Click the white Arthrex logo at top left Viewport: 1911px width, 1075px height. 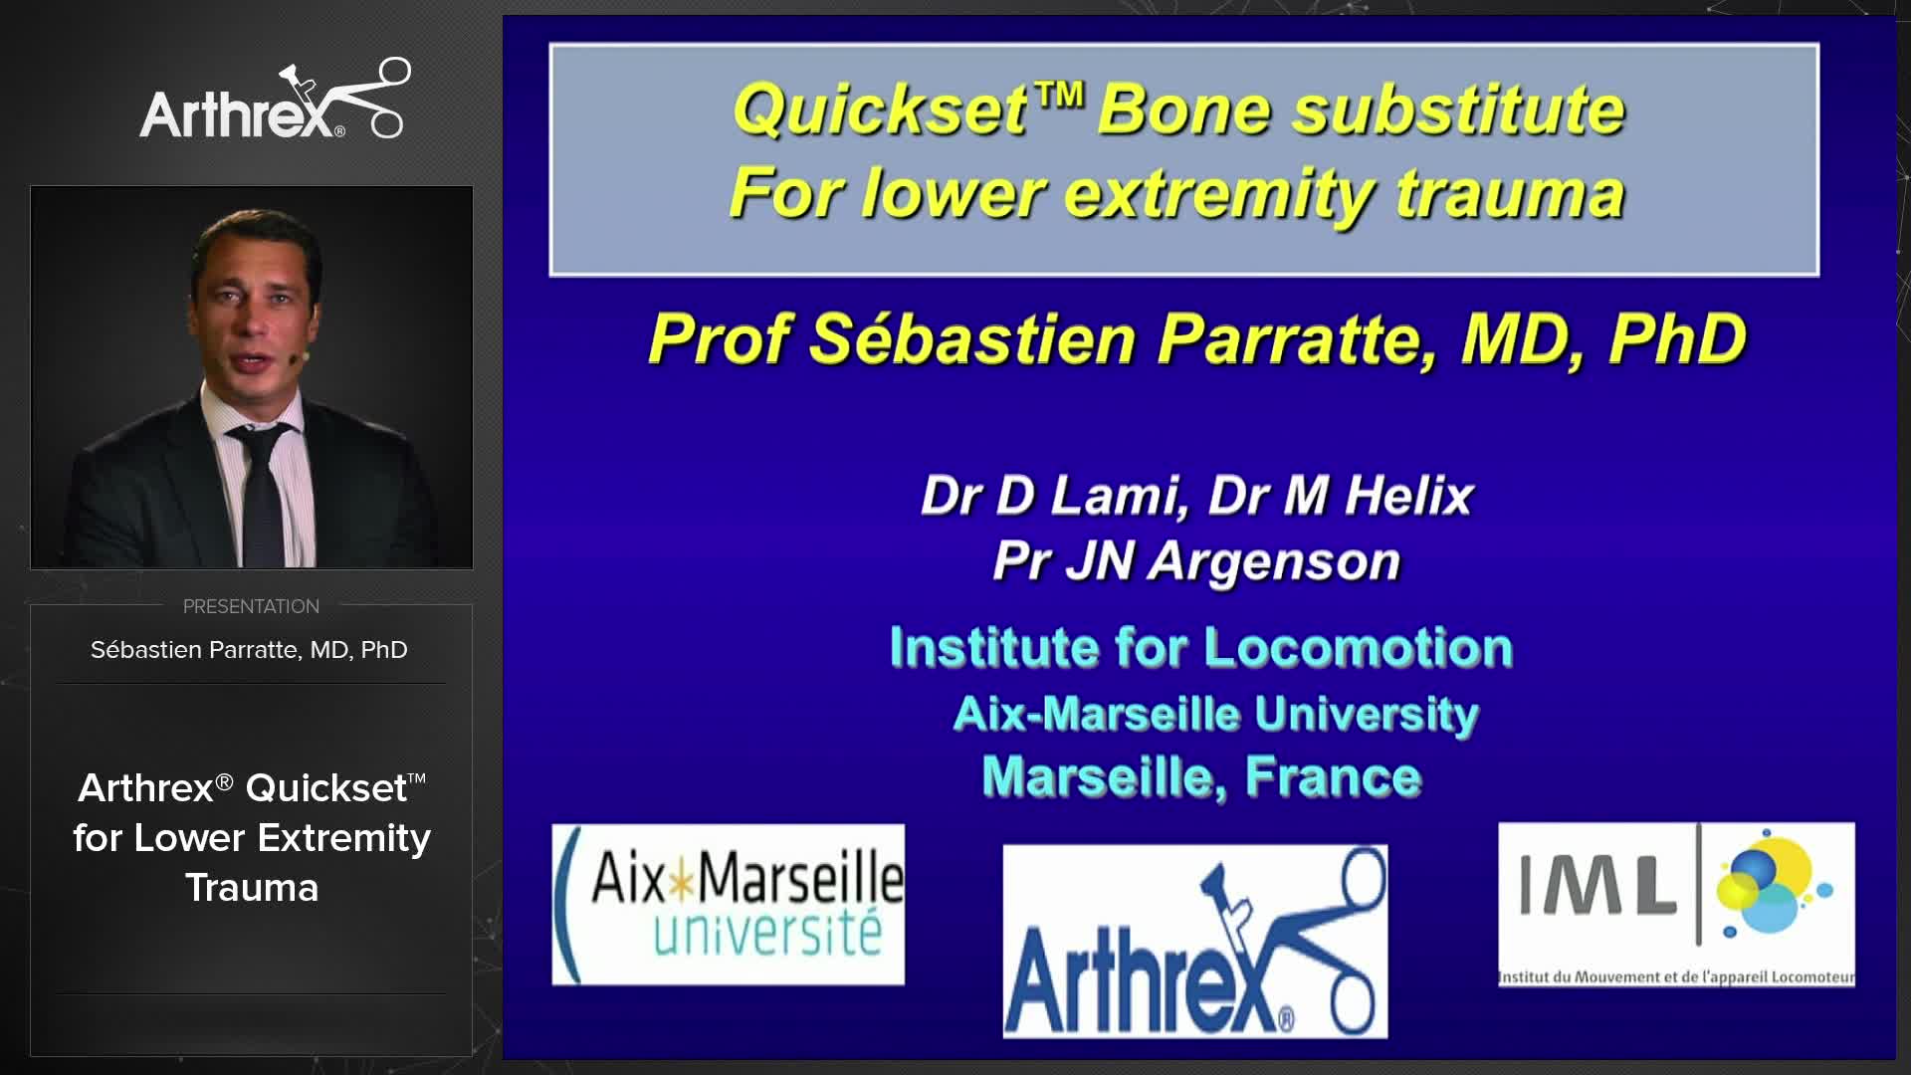[274, 103]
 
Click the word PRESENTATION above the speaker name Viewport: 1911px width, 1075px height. [251, 606]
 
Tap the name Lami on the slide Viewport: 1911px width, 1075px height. [1118, 495]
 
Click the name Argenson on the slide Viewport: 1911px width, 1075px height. [1275, 560]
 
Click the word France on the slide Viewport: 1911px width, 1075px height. [1333, 777]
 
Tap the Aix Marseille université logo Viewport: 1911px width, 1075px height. [729, 905]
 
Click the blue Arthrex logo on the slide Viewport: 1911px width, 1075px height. [1194, 942]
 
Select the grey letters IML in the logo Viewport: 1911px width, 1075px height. [1596, 886]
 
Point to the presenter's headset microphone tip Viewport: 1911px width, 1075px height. [306, 355]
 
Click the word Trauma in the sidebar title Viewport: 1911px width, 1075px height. [252, 888]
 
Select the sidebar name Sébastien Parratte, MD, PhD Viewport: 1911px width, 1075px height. [249, 650]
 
